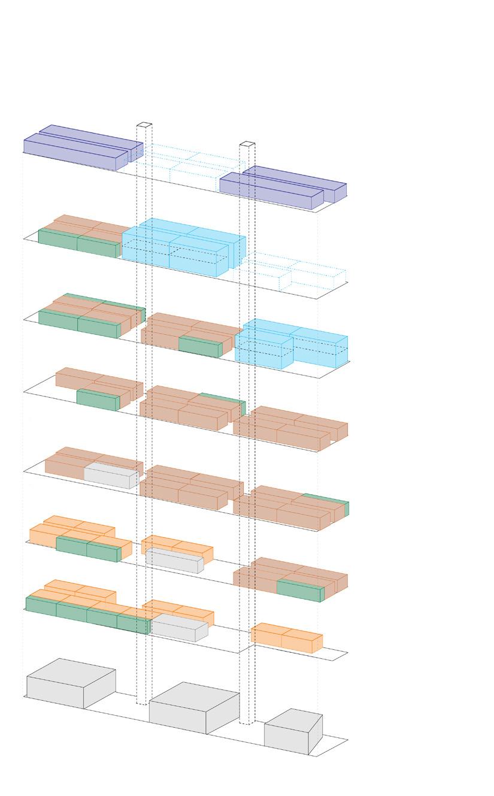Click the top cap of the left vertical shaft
click(x=144, y=125)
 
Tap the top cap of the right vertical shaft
click(x=247, y=144)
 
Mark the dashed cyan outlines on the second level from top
click(x=293, y=273)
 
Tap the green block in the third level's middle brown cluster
click(x=199, y=346)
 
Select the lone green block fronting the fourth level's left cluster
click(x=97, y=399)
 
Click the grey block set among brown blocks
click(x=111, y=475)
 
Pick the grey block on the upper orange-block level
click(x=174, y=559)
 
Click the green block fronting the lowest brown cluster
click(x=299, y=590)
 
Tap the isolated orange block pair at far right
click(x=286, y=637)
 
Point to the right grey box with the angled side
click(x=292, y=732)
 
